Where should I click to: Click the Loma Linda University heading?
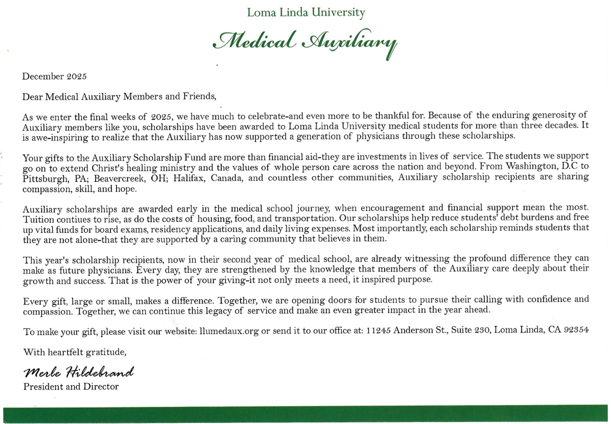306,12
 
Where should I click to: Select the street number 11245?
379,331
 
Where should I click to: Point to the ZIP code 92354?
576,331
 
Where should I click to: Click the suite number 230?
481,331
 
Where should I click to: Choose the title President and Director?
71,387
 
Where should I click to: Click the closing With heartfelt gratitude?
75,352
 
